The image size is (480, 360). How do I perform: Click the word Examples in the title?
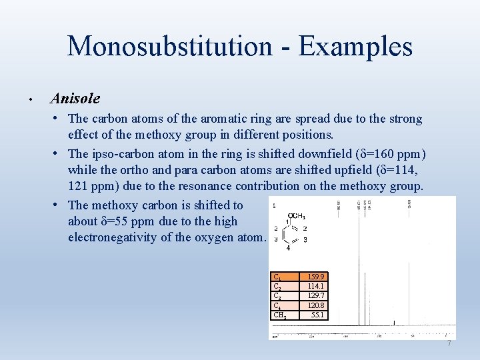click(355, 46)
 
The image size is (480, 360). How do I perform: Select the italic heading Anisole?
click(75, 99)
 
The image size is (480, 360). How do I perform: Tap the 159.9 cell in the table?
click(316, 277)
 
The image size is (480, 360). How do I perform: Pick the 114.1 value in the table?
click(316, 286)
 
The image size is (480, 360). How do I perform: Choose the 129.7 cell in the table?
click(316, 295)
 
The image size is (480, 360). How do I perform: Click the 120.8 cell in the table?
click(316, 305)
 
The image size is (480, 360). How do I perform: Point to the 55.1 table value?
click(317, 314)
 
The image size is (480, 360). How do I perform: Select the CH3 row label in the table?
click(281, 315)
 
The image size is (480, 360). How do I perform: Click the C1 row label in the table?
click(277, 277)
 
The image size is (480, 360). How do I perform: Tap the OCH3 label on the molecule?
click(295, 216)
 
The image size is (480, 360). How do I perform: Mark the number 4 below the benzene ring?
click(289, 249)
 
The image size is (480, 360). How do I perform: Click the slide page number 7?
click(449, 343)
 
